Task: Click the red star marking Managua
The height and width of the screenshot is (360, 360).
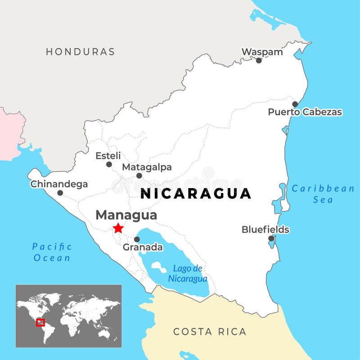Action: point(118,228)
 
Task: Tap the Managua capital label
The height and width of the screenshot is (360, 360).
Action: point(126,215)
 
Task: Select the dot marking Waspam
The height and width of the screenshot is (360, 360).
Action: point(259,60)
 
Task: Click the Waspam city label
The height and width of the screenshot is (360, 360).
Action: point(262,52)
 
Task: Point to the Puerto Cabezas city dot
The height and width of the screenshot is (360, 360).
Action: point(295,104)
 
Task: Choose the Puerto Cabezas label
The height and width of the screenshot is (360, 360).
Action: point(305,112)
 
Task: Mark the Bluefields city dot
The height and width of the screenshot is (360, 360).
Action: point(271,238)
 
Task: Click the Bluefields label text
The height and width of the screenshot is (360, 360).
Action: point(265,229)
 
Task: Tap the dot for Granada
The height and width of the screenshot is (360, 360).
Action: point(137,239)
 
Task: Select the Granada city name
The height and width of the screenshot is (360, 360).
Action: point(143,247)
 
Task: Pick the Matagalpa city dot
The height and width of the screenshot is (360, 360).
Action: point(139,175)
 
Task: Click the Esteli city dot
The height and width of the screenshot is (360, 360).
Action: point(109,164)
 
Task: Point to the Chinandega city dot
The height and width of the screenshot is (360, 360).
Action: point(60,193)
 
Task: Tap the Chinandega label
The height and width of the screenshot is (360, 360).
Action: point(59,184)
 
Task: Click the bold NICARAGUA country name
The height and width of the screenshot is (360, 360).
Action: point(196,193)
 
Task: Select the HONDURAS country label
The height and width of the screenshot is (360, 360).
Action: point(80,52)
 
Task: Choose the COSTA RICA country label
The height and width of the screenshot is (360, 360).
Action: point(210,332)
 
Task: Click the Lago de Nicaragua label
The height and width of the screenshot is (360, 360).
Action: point(188,274)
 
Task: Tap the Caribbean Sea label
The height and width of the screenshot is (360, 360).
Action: point(323,194)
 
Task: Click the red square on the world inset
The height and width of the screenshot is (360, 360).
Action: point(40,322)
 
